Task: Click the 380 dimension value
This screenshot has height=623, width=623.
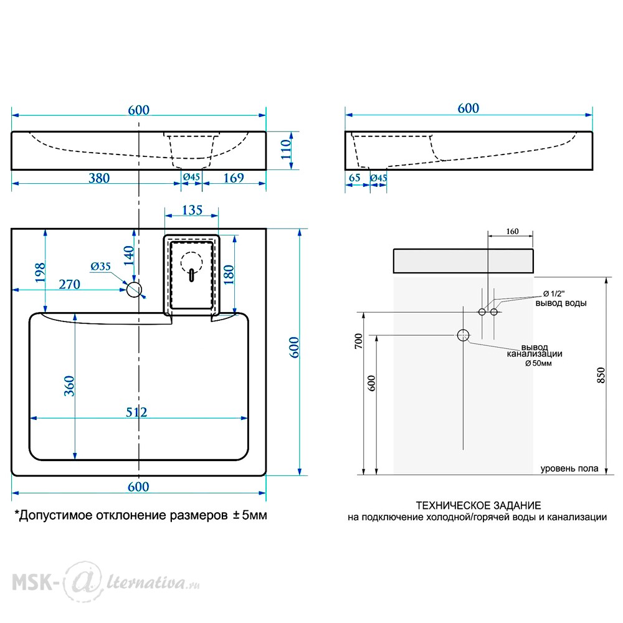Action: click(x=99, y=178)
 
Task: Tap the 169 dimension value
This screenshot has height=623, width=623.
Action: click(x=234, y=178)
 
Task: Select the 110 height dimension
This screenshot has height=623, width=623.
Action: click(x=286, y=150)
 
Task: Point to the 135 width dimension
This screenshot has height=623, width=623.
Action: click(x=193, y=210)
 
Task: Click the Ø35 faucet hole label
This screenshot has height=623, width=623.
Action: click(x=100, y=266)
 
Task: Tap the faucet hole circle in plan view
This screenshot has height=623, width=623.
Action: click(x=135, y=290)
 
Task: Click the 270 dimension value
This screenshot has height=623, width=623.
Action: click(x=70, y=285)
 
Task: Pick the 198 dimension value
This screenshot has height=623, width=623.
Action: click(x=40, y=273)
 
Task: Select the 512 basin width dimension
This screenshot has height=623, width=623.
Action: click(x=136, y=412)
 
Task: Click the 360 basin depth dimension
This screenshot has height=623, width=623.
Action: click(x=69, y=386)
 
